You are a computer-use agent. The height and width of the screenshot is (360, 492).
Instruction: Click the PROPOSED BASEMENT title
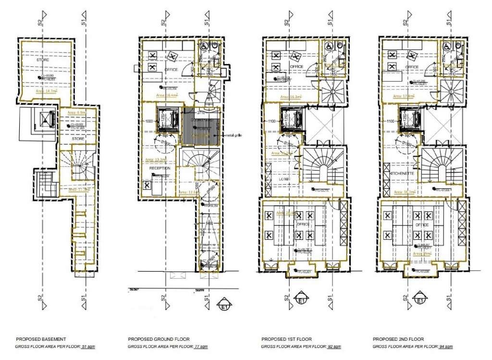tap(41, 339)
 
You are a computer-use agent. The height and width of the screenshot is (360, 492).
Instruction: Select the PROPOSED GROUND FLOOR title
tap(159, 339)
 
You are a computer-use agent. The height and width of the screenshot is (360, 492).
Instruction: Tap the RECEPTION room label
tap(160, 169)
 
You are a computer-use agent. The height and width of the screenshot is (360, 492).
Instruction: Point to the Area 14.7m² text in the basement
tap(46, 90)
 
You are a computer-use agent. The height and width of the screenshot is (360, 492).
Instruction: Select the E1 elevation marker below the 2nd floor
tap(420, 301)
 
